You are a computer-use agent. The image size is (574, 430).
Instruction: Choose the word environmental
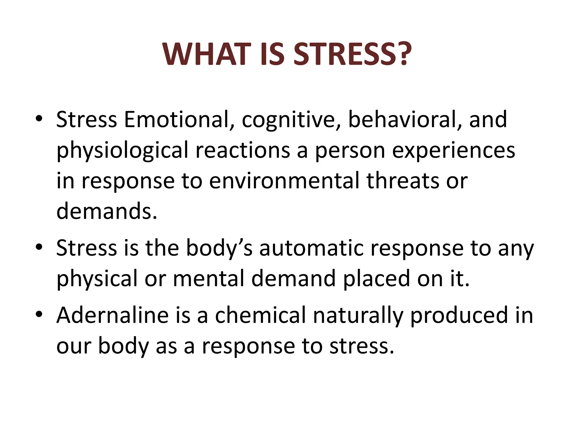(284, 181)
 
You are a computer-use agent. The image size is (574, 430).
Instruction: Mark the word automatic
(311, 248)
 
